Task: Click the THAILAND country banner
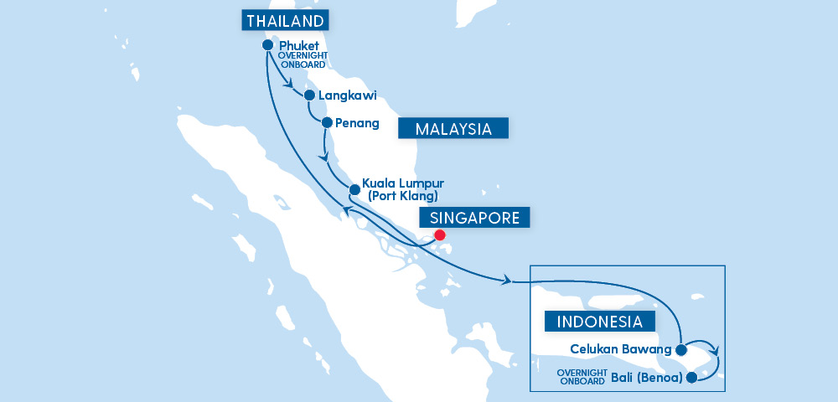pos(285,21)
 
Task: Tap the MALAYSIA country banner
pos(453,128)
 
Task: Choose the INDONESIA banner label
pos(599,322)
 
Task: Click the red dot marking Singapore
pos(440,235)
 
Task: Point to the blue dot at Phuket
pos(267,45)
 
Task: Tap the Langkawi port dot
pos(309,95)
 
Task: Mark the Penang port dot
pos(326,123)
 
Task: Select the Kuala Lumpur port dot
pos(354,189)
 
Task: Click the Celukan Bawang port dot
pos(682,348)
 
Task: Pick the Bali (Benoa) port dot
pos(691,377)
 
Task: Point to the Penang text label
pos(357,123)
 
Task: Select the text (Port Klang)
pos(403,196)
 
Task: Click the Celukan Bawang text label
pos(621,348)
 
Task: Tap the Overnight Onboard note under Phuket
pos(302,60)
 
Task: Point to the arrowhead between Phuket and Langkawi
pos(289,84)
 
